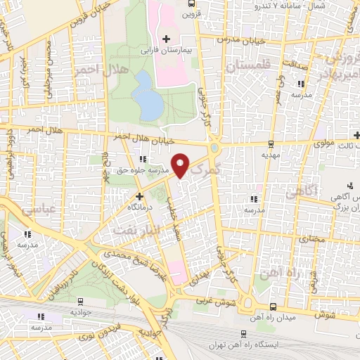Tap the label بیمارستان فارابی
pyautogui.click(x=165, y=51)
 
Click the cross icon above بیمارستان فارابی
pyautogui.click(x=166, y=39)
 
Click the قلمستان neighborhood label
pyautogui.click(x=247, y=65)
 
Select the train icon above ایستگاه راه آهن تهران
pyautogui.click(x=243, y=335)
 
